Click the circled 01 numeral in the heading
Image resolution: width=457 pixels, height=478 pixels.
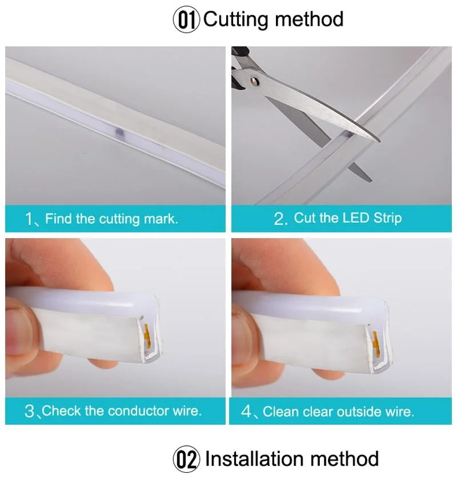[187, 19]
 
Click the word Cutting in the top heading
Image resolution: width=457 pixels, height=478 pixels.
[236, 19]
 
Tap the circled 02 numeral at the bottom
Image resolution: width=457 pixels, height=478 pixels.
[187, 459]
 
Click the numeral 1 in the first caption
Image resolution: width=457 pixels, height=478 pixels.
[30, 219]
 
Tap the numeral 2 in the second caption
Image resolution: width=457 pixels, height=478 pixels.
[279, 219]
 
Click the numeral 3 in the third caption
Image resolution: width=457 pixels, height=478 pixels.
[30, 411]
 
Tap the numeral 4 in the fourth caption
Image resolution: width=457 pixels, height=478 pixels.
[247, 412]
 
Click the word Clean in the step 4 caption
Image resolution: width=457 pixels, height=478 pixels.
[280, 412]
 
